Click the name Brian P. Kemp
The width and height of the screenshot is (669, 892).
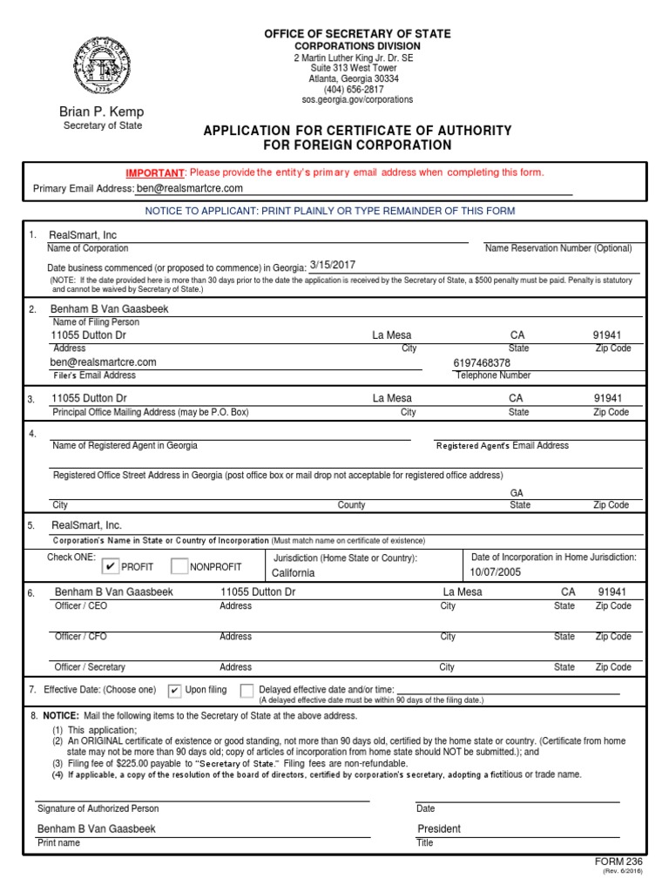coord(101,111)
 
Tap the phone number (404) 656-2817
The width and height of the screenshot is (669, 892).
coord(354,89)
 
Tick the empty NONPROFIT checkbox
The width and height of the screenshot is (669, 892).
coord(179,567)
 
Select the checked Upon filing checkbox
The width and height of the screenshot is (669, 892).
coord(174,691)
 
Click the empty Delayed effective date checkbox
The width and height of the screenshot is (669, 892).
coord(247,691)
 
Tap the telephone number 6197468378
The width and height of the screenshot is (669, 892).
coord(482,362)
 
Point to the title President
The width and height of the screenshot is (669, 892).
coord(439,829)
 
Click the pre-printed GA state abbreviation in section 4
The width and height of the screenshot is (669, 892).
coord(517,492)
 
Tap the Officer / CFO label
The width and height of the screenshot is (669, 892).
coord(81,637)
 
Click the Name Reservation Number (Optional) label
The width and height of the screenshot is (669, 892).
coord(557,248)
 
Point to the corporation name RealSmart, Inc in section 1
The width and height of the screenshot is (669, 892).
coord(84,235)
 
